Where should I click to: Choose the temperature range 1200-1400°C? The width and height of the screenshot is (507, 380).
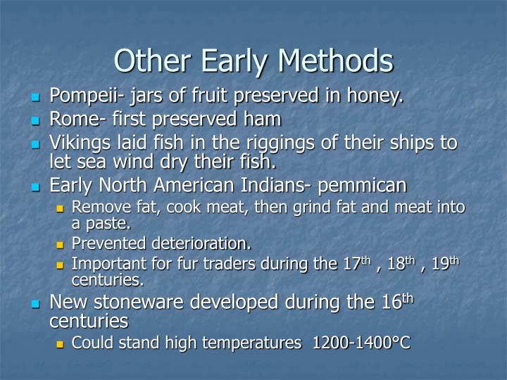coord(361,343)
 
